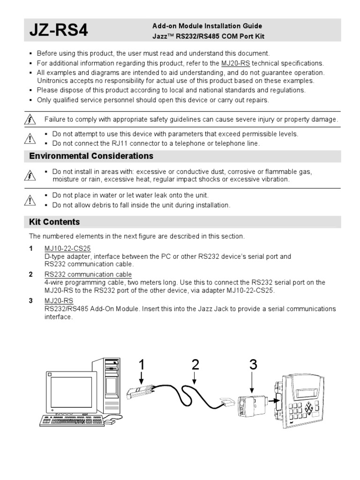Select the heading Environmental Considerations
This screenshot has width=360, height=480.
tap(91, 156)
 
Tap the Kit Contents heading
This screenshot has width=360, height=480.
tap(54, 222)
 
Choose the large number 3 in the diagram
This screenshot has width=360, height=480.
tap(253, 365)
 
